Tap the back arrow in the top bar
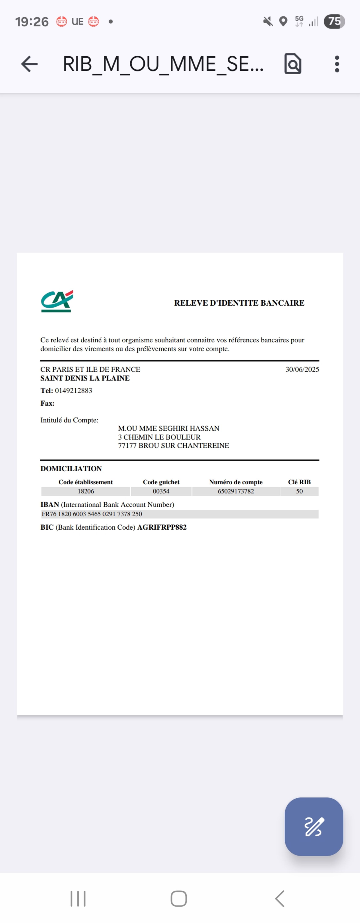tap(29, 64)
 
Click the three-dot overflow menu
tap(337, 64)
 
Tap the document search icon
tap(293, 64)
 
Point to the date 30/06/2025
tap(302, 369)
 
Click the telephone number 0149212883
tap(73, 391)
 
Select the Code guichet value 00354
tap(161, 491)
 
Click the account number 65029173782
tap(236, 491)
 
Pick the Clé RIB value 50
tap(300, 491)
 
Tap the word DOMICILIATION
tap(71, 469)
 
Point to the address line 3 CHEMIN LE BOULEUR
tap(159, 437)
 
